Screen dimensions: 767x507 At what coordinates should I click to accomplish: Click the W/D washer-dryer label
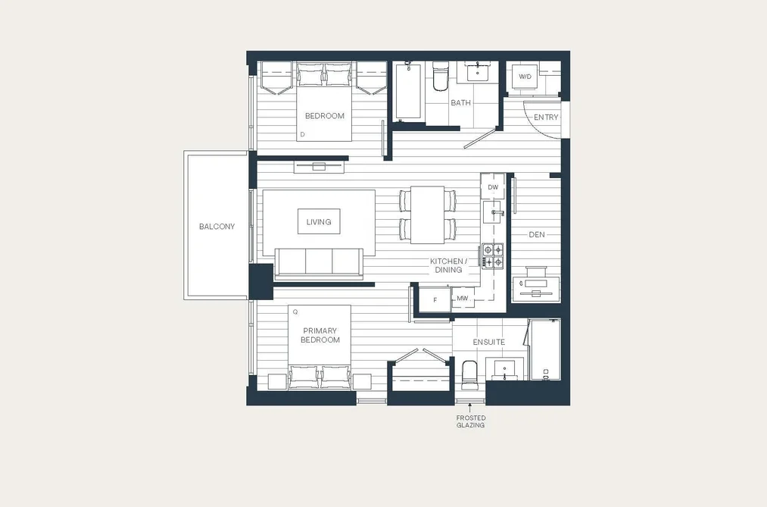[525, 77]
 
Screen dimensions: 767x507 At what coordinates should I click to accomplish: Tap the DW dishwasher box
[493, 187]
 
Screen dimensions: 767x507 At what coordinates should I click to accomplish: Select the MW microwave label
[463, 298]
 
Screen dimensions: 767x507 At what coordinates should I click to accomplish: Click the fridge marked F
[435, 299]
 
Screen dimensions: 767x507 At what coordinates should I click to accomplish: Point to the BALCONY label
[217, 227]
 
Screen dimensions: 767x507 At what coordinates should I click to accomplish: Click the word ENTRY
[545, 117]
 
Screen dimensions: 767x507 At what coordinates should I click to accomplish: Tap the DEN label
[537, 235]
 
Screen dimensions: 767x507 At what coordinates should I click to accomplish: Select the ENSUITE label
[488, 342]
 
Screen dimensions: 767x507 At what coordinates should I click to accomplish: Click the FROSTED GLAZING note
[470, 421]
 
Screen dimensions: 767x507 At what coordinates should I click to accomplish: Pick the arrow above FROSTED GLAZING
[470, 407]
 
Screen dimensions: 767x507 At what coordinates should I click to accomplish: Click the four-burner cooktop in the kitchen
[493, 256]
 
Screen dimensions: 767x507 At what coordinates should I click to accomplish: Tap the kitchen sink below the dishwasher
[493, 212]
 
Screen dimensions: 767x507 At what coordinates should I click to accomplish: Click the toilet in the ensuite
[469, 374]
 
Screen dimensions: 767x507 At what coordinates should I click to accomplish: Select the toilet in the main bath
[440, 76]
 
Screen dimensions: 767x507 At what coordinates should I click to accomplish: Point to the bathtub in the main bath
[408, 90]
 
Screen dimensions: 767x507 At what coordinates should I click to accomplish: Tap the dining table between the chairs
[427, 214]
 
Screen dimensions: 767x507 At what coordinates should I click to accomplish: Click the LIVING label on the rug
[319, 222]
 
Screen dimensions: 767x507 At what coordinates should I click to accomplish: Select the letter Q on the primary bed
[295, 311]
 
